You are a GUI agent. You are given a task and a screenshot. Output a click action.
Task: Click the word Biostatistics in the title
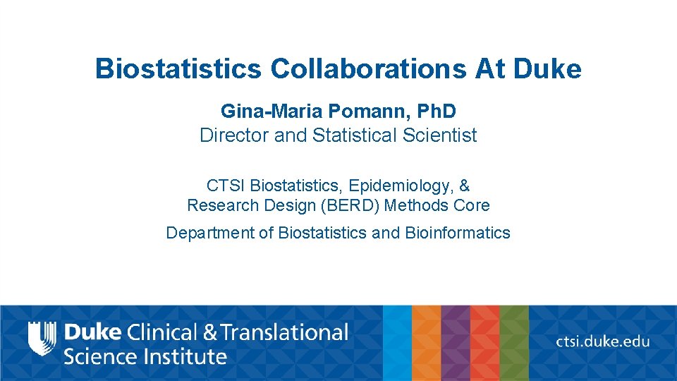178,69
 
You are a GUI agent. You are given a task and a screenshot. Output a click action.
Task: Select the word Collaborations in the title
367,69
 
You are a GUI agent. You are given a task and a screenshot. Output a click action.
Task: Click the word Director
234,135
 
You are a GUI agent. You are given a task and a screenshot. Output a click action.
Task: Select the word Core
472,205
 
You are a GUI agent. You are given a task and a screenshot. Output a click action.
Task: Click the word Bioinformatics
458,232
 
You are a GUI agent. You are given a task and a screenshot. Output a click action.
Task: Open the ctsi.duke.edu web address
602,341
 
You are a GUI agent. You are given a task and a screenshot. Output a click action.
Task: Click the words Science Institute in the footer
145,356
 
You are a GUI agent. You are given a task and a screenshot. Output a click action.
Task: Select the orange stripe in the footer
426,343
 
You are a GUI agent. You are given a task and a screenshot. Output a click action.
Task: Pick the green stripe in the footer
514,343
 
